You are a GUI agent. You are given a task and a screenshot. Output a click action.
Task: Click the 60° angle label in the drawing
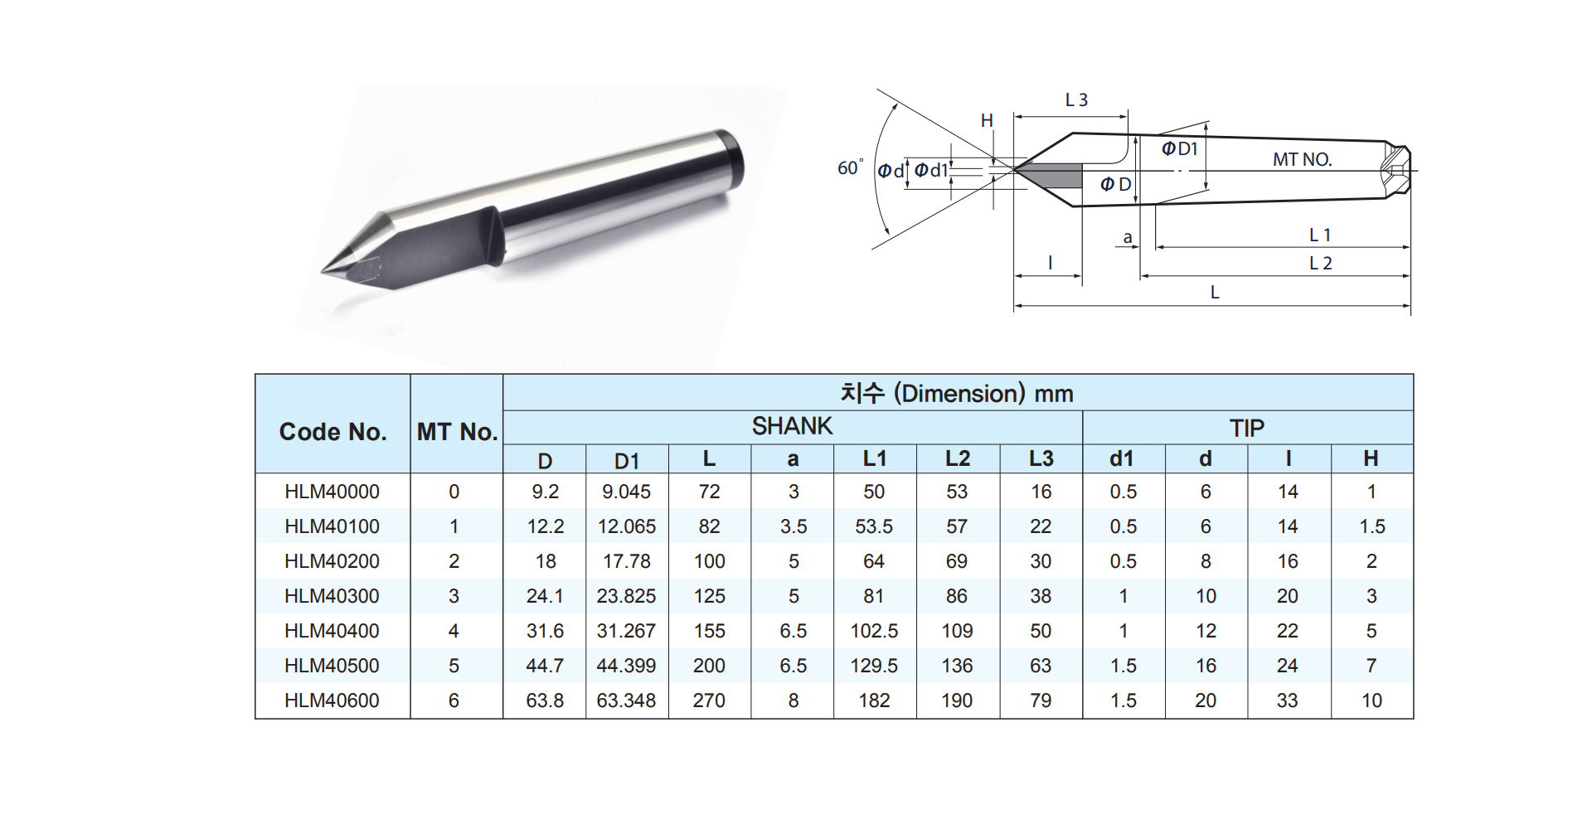pos(850,167)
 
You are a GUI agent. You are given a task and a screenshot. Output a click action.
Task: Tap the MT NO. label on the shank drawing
pos(1302,159)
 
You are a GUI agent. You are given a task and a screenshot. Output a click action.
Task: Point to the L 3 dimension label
pos(1076,100)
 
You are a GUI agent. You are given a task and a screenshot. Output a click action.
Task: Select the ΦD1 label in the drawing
pos(1179,148)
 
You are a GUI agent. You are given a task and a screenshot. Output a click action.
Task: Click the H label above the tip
pos(987,121)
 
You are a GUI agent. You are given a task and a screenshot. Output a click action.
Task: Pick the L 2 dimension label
pos(1320,264)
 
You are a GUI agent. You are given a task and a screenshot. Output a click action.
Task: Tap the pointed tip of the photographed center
pos(323,272)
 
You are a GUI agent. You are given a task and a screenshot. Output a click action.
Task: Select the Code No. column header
pos(332,432)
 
